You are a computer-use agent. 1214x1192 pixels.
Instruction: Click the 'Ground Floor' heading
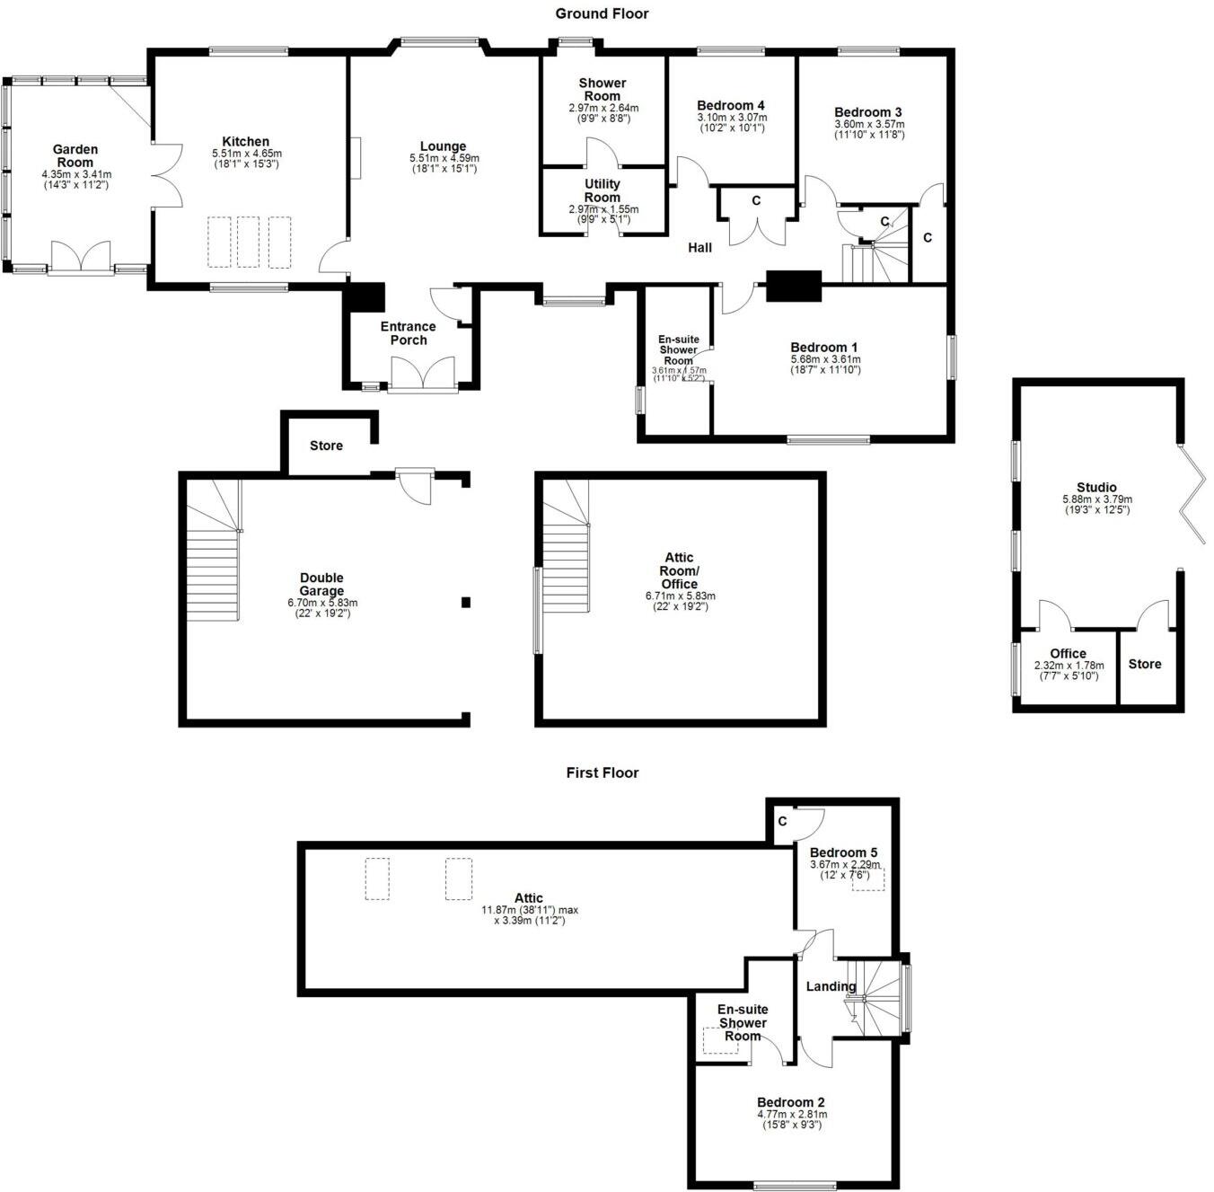602,13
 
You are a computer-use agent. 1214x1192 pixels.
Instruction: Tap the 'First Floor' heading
602,773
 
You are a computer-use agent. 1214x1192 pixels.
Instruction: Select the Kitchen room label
245,142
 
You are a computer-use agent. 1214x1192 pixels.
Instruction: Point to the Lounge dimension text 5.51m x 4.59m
444,158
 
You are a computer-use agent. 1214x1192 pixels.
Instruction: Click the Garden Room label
75,155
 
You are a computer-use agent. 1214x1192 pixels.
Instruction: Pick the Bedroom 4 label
731,105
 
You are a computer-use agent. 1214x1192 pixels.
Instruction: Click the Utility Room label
602,190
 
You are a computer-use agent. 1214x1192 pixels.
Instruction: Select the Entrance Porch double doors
423,374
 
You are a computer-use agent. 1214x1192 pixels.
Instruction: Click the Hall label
699,247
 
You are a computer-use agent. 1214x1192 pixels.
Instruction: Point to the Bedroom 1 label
823,348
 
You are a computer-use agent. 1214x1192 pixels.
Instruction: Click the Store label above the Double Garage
326,446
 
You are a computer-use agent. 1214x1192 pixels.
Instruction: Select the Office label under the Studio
1067,653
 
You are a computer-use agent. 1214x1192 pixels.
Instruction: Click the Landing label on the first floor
830,986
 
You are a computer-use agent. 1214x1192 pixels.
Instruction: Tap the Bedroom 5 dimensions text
843,870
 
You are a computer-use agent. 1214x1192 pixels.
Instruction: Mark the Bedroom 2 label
790,1102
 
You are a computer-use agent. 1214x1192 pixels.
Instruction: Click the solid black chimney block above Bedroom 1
793,285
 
